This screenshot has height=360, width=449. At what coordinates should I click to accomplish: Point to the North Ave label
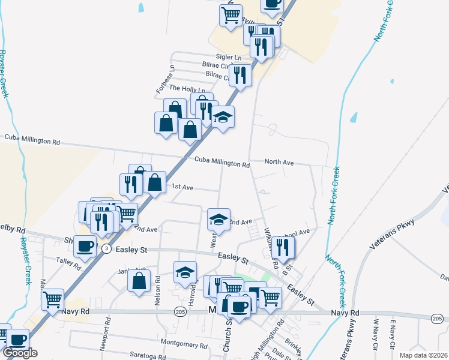pos(279,163)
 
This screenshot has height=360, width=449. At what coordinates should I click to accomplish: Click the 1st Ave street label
pos(182,187)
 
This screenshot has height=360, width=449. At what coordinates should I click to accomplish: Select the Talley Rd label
pos(64,261)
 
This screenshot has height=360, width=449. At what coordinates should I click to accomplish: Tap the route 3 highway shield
pos(106,249)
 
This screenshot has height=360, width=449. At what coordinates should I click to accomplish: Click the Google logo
pos(20,353)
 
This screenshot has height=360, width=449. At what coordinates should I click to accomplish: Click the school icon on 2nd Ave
pos(219,220)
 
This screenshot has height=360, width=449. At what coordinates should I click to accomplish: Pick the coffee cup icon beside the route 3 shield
pos(85,245)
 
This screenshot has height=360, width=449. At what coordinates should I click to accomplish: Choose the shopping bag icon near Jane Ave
pos(139,280)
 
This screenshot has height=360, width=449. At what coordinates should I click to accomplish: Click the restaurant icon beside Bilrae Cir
pos(240,75)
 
